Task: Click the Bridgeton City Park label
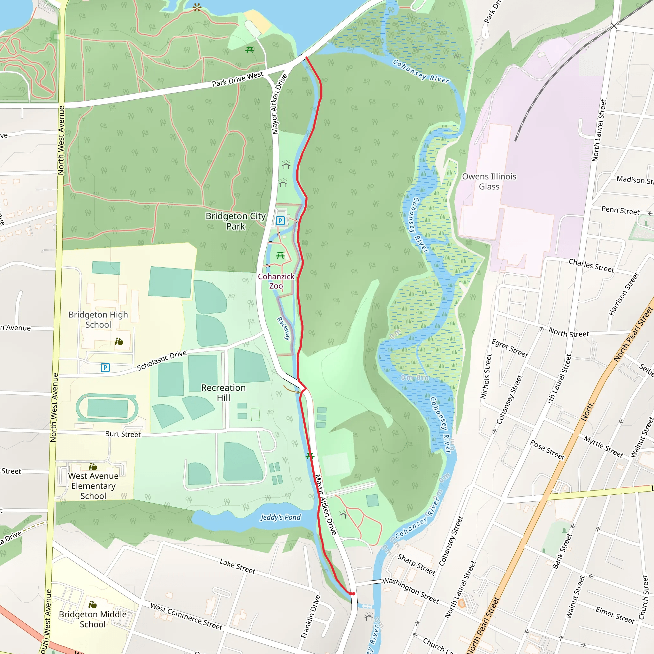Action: coord(236,221)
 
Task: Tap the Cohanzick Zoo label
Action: coord(276,281)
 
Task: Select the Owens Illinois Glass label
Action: coord(489,181)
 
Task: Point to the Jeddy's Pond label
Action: coord(280,517)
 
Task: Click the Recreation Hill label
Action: coord(224,393)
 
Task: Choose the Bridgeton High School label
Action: coord(98,320)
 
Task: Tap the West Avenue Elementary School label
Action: coord(93,486)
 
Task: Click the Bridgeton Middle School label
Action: coord(92,619)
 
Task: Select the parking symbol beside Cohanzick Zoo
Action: coord(280,221)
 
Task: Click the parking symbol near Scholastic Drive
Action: coord(105,367)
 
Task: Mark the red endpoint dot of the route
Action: coord(353,594)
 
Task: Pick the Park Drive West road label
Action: coord(237,79)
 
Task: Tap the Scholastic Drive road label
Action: coord(162,361)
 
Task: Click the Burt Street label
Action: coord(123,434)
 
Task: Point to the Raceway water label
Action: coord(284,328)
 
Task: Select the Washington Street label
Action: coord(411,590)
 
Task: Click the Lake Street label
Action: coord(237,566)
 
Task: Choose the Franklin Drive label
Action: coord(310,617)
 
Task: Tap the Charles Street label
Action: coord(591,266)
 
